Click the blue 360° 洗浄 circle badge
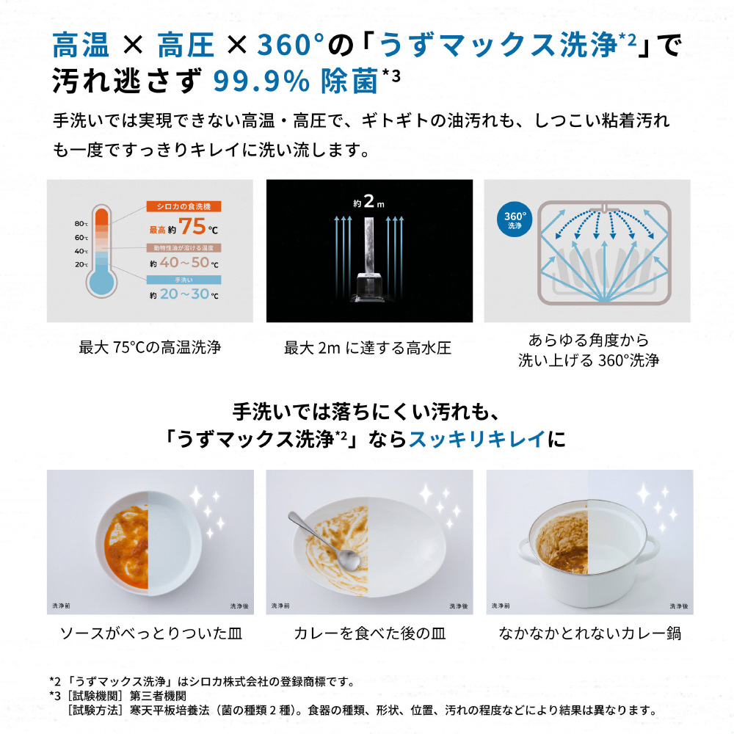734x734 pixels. click(515, 219)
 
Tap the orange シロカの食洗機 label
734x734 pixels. click(183, 206)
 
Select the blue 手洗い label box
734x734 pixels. click(183, 280)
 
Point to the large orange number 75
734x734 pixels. click(192, 227)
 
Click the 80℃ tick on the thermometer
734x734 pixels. click(81, 224)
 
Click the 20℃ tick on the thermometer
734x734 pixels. click(81, 264)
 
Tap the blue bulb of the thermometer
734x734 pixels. click(101, 283)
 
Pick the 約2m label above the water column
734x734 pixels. click(369, 202)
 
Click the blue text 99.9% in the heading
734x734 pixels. click(262, 81)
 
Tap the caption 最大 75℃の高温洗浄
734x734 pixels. click(150, 347)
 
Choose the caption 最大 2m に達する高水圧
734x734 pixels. click(368, 348)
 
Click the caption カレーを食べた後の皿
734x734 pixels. click(370, 633)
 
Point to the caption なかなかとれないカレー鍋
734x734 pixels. click(590, 633)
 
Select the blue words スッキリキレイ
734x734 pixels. click(477, 439)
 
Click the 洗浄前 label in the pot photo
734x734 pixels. click(501, 606)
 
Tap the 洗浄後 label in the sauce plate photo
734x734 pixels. click(239, 606)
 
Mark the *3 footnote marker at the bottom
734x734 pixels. click(55, 696)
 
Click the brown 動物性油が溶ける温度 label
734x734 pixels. click(183, 247)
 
